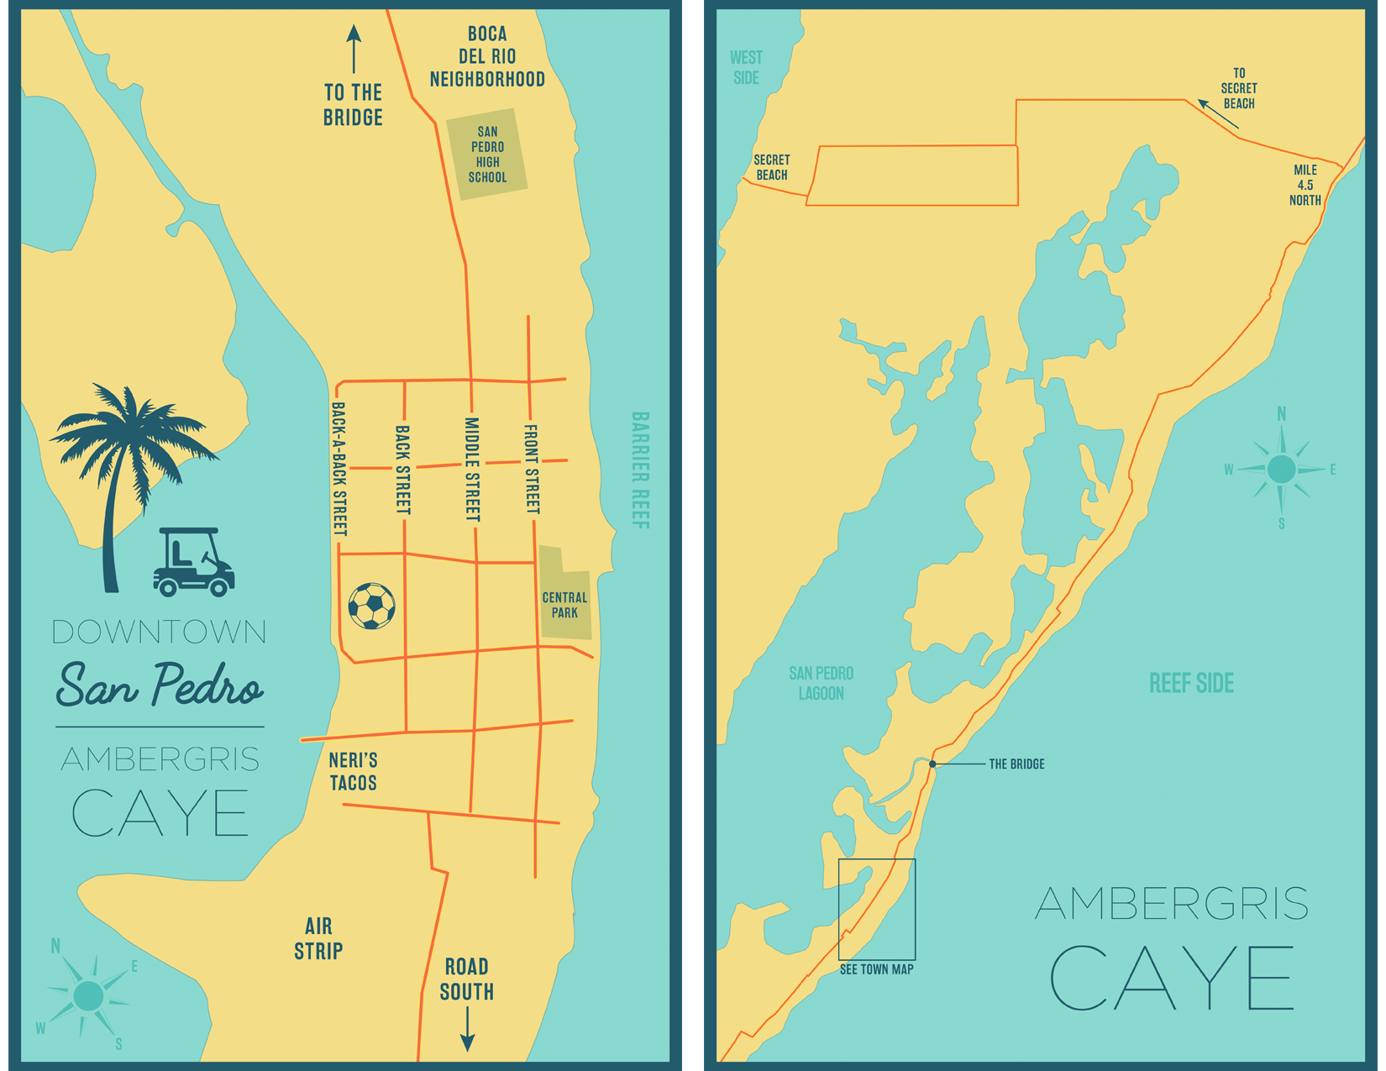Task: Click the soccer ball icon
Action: pos(371,606)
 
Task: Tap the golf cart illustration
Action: pos(193,563)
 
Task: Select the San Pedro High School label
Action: pos(487,155)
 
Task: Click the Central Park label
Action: pos(564,605)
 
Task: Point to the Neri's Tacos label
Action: pos(353,771)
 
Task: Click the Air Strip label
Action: pos(318,938)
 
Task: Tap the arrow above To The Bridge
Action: pos(354,49)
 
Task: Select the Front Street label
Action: pos(532,469)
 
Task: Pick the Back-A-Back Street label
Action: pos(339,469)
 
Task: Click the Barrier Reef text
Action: pos(640,470)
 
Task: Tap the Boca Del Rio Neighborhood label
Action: pos(487,57)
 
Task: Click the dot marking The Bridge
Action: pos(932,764)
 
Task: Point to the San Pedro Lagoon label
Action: pos(821,683)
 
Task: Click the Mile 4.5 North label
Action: pos(1305,185)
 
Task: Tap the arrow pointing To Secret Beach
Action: pos(1217,113)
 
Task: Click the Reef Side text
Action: pos(1191,683)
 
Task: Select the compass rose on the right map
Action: pos(1281,469)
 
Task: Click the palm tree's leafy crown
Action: pos(130,428)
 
